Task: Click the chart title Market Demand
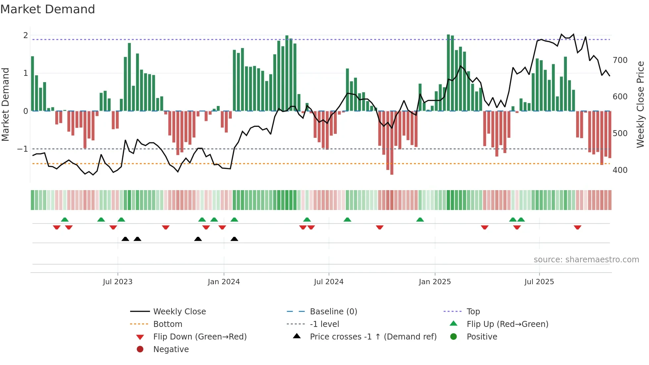(48, 9)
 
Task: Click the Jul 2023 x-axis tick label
(118, 282)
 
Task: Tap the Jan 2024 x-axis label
(224, 282)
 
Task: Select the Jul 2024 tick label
(328, 282)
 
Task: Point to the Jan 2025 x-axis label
(434, 282)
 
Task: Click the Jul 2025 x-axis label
(539, 282)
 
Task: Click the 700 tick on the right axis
(620, 60)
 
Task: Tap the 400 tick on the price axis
(620, 170)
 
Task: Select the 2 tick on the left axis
(25, 35)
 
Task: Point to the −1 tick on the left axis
(23, 149)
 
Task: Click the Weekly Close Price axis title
(640, 104)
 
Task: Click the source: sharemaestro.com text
(586, 260)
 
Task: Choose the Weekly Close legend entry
(179, 312)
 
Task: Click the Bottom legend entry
(168, 324)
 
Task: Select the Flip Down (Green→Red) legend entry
(200, 337)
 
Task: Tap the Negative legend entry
(171, 349)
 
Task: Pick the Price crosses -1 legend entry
(373, 337)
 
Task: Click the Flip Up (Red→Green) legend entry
(507, 324)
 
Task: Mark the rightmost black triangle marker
(234, 239)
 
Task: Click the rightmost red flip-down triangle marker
(577, 227)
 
